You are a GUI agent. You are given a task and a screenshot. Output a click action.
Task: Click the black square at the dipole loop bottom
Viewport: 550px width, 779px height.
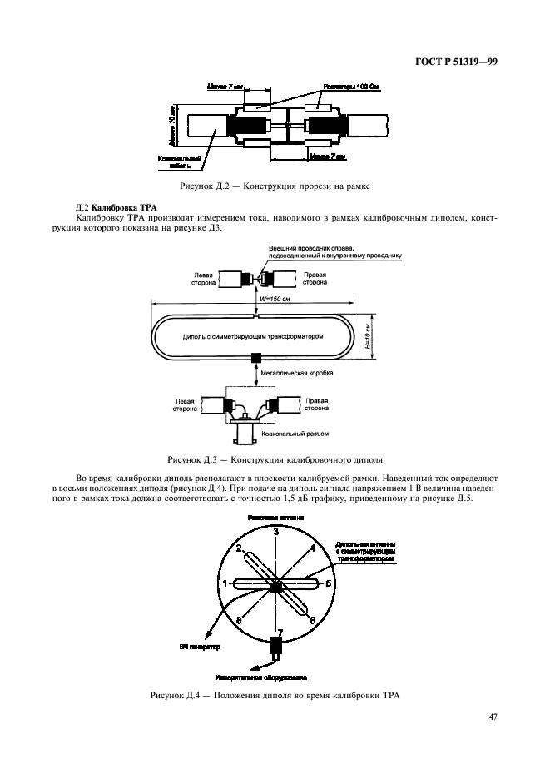click(x=256, y=358)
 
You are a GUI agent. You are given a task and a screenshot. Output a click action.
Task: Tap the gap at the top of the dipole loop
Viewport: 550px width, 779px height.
click(x=256, y=315)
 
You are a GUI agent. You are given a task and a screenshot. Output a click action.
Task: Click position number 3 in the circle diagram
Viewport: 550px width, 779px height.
click(x=275, y=531)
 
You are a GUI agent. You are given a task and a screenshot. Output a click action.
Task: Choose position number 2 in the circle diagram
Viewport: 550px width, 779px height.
click(x=240, y=548)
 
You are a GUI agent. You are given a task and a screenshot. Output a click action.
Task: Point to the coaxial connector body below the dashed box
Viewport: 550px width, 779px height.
click(x=249, y=434)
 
